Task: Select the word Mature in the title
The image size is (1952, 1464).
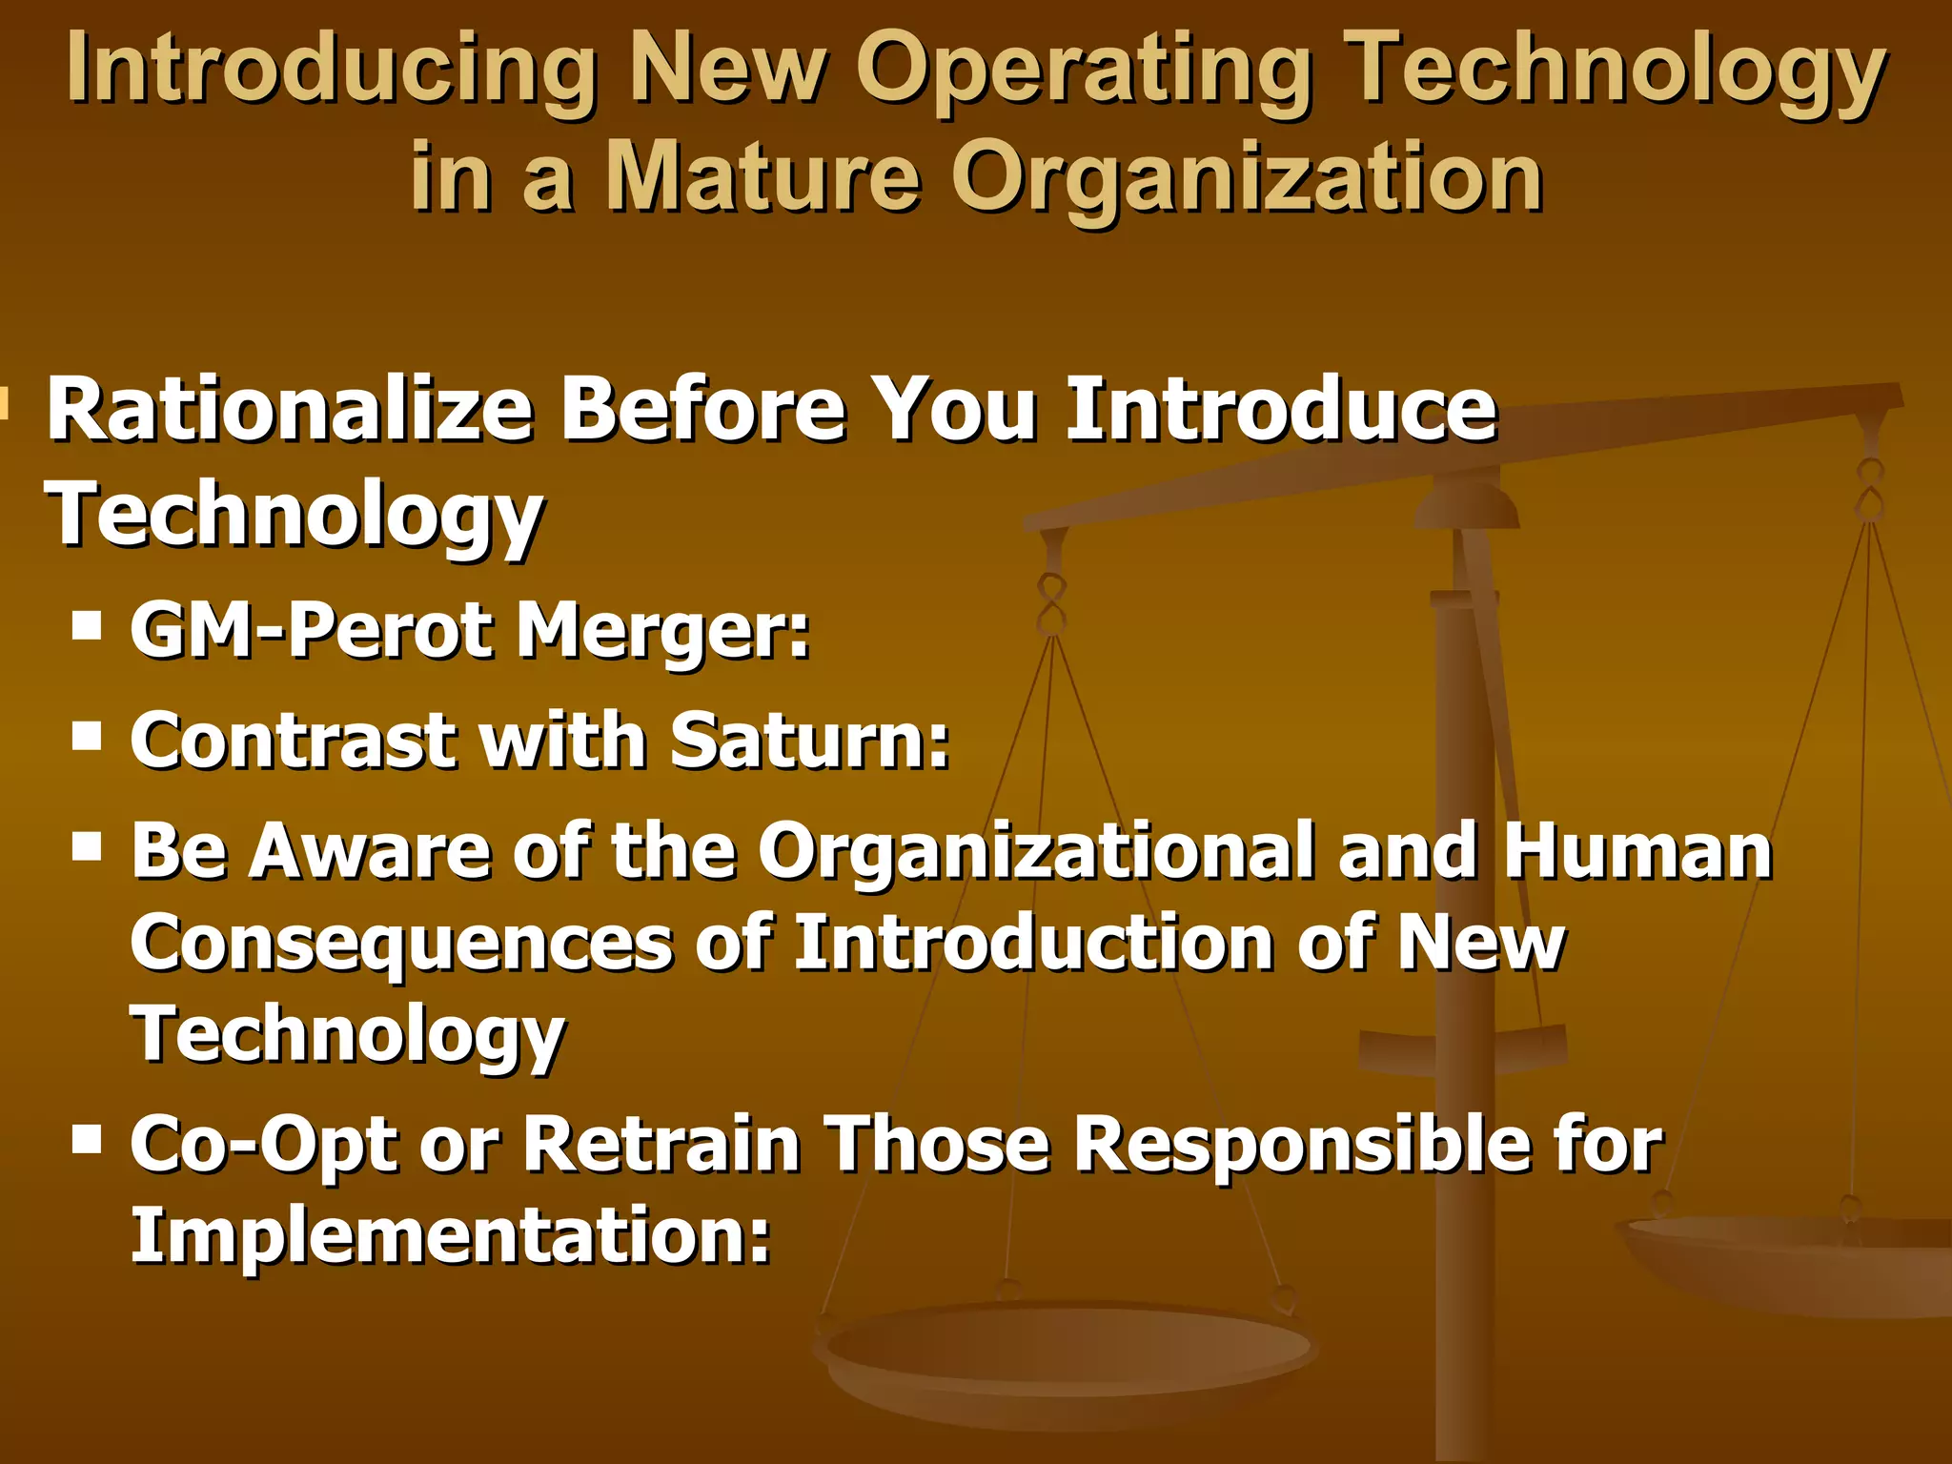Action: tap(763, 177)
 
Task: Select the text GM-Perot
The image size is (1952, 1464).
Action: tap(315, 630)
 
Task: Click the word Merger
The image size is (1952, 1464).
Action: tap(662, 632)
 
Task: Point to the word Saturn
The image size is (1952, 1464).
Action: tap(810, 740)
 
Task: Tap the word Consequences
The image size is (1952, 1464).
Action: tap(401, 944)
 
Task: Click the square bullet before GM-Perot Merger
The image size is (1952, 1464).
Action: tap(87, 626)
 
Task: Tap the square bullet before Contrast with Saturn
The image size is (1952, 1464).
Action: tap(87, 736)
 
